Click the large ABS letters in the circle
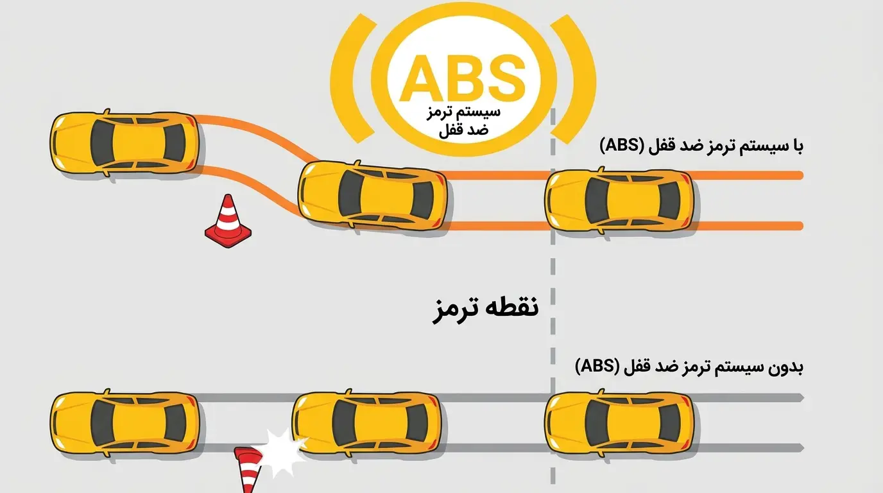463,78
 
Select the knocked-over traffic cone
248,470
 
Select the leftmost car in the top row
124,143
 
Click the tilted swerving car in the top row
372,196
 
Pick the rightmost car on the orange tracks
619,201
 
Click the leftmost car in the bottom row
124,423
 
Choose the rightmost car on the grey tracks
619,423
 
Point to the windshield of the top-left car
102,143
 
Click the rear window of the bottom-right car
669,423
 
